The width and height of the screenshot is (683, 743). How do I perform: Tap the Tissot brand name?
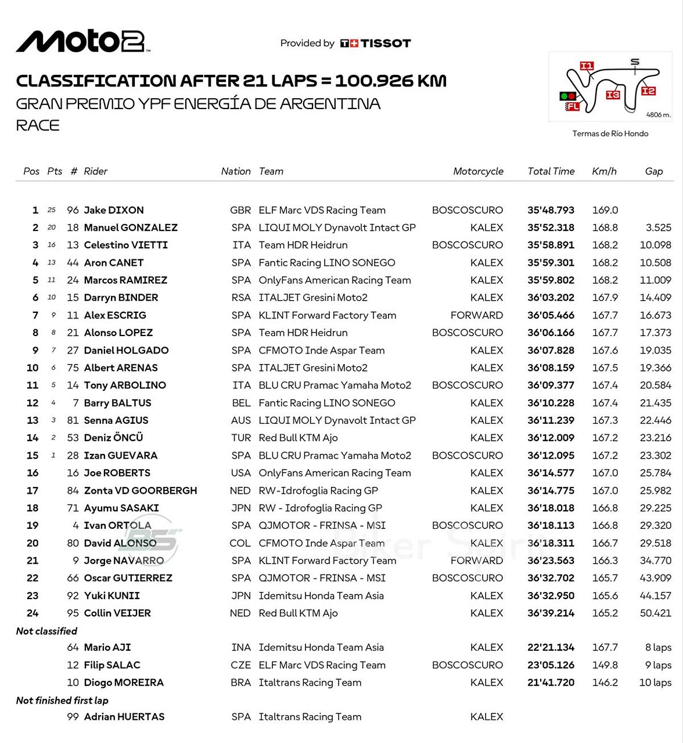[386, 44]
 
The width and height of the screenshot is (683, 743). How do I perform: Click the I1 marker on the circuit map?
[587, 66]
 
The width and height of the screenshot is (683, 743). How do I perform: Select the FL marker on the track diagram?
[573, 106]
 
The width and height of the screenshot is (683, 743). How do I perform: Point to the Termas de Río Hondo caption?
[610, 134]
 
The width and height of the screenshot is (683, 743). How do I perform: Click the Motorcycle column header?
[478, 171]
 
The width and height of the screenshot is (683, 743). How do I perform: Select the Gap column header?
[653, 171]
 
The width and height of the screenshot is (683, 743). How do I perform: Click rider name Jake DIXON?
[114, 210]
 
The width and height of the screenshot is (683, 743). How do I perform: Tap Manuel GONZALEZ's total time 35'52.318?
[551, 228]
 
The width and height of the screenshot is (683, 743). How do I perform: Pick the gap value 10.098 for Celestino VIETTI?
[655, 245]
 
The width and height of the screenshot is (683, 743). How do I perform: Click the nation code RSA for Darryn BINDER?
[241, 298]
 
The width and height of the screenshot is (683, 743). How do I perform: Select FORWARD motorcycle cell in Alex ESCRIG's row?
[477, 315]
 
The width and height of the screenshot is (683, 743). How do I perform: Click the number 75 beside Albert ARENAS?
[73, 368]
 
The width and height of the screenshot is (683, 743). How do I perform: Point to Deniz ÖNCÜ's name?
[113, 438]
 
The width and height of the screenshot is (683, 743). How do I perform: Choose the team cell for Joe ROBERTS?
[335, 473]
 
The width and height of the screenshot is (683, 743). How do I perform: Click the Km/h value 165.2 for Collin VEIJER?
[605, 613]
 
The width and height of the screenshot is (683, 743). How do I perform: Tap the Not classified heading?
[46, 631]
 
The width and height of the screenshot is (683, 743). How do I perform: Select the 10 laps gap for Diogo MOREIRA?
[655, 683]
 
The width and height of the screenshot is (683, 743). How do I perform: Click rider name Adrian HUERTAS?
[124, 717]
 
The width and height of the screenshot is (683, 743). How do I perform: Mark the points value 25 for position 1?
[52, 210]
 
